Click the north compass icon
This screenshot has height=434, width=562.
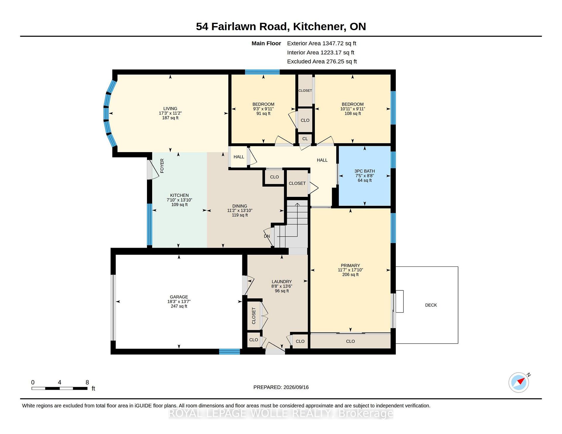(x=519, y=382)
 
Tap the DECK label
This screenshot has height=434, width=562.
(x=431, y=305)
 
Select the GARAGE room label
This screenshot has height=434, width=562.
(x=179, y=297)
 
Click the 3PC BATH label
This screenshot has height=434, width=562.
(x=364, y=171)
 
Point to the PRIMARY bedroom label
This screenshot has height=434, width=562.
(x=350, y=266)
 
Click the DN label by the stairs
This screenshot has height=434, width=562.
(x=267, y=236)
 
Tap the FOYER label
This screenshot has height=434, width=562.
(x=162, y=166)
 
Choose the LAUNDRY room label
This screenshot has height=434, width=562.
(x=282, y=282)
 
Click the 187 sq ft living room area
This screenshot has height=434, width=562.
(x=170, y=118)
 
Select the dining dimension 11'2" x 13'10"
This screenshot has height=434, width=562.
(x=240, y=211)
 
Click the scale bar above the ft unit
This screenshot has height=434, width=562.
(x=59, y=388)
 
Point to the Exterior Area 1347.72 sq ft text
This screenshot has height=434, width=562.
(x=321, y=43)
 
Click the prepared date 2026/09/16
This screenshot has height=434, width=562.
(x=296, y=387)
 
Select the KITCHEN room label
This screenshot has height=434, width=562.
(x=179, y=195)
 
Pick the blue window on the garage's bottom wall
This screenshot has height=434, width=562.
(x=230, y=352)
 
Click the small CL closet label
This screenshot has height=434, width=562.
(x=305, y=139)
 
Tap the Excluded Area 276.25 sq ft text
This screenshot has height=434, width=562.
(x=322, y=61)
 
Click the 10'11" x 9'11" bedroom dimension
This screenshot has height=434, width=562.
(x=352, y=109)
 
